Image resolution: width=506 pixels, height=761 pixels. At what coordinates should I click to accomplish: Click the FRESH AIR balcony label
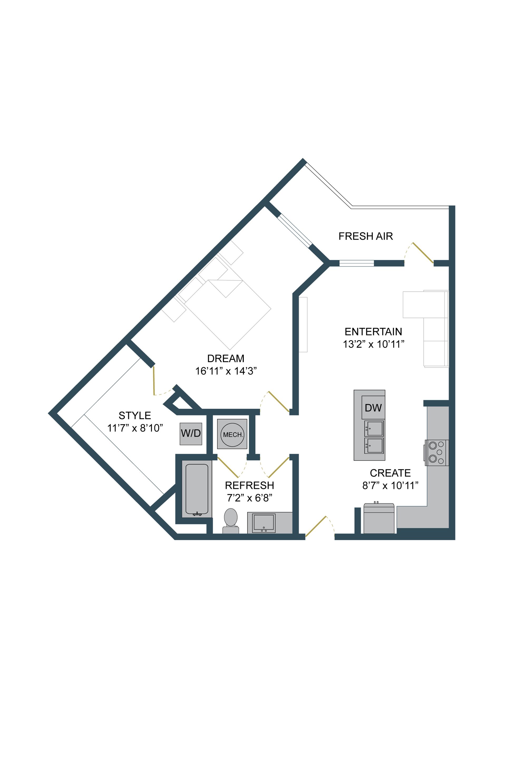[365, 236]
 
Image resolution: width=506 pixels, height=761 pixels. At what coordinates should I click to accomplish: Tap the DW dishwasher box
[373, 408]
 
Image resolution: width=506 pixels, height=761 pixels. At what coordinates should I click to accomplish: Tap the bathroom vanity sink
[264, 523]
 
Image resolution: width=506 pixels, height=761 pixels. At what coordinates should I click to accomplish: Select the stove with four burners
[437, 452]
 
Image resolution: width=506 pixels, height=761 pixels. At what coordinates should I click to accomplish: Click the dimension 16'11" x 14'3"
[226, 371]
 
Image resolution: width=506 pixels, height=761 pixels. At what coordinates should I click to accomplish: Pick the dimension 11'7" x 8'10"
[135, 428]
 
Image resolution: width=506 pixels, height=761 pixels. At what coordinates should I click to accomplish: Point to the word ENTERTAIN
[373, 332]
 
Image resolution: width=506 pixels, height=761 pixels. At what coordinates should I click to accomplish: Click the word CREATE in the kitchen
[390, 473]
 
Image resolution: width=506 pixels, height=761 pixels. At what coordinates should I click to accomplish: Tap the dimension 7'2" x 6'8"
[250, 498]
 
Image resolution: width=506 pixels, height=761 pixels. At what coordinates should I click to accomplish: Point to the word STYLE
[135, 415]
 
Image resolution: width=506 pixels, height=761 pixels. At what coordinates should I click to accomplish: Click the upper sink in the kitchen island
[374, 428]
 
